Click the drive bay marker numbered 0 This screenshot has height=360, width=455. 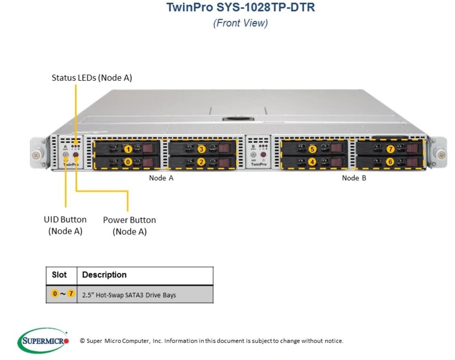click(x=128, y=162)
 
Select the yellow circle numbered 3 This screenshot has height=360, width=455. click(x=201, y=149)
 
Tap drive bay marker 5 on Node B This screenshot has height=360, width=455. click(x=312, y=149)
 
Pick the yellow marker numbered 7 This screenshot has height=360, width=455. click(x=391, y=149)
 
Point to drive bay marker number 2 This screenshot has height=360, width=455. click(x=201, y=162)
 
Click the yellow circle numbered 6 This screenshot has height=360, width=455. click(x=390, y=162)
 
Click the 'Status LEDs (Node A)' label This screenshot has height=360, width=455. click(x=92, y=78)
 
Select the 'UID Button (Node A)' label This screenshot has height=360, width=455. click(x=65, y=225)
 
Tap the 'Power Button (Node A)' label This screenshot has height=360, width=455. click(x=129, y=226)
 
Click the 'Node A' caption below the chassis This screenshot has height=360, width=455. click(x=161, y=178)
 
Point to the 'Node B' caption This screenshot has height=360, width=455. click(x=354, y=178)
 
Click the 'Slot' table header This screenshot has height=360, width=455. click(x=59, y=275)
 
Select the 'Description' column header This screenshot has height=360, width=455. click(x=105, y=275)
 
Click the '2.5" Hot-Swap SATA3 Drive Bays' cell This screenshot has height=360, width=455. click(x=129, y=295)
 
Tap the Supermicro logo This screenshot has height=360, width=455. click(x=43, y=341)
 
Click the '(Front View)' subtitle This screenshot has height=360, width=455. click(x=241, y=23)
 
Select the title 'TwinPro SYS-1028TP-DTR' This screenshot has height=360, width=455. click(x=241, y=7)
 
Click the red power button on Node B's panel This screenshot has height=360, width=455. click(x=263, y=155)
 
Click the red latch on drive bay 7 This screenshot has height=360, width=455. click(x=412, y=149)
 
